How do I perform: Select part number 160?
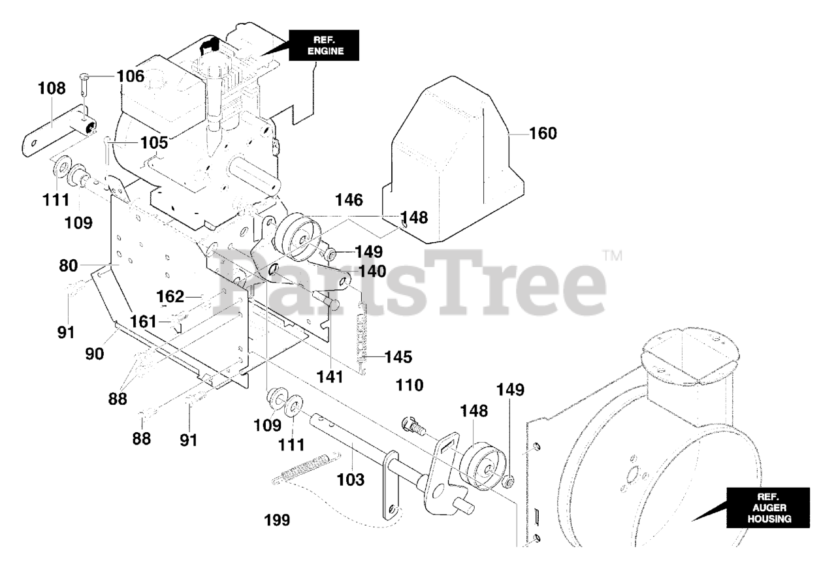click(x=543, y=134)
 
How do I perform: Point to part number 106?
click(x=130, y=76)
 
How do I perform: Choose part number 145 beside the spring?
click(x=398, y=357)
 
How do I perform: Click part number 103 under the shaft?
click(x=350, y=480)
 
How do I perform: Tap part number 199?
click(x=277, y=520)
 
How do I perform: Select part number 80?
click(x=69, y=266)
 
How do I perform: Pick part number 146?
click(x=349, y=200)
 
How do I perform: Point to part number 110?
click(x=410, y=386)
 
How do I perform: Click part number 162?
click(x=170, y=297)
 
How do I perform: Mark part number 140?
click(x=372, y=271)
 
